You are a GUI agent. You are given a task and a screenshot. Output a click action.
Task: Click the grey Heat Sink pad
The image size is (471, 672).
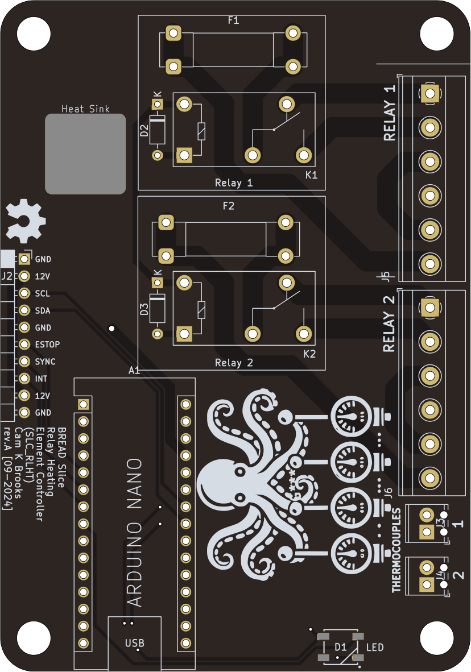pos(85,154)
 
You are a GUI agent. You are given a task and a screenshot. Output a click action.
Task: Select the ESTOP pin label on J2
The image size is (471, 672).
pos(47,345)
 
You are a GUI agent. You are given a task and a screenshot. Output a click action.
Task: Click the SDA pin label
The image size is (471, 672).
pos(43,311)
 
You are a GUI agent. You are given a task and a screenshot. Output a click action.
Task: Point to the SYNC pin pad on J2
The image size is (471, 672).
pos(24,362)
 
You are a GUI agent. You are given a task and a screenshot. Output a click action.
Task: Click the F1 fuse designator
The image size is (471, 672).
pos(233,20)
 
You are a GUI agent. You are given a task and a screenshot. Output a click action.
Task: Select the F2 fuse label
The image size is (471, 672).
pos(228,206)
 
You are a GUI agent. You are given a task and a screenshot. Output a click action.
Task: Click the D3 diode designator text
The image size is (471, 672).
pos(144,310)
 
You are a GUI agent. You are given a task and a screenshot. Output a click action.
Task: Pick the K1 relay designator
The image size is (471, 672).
pos(311,175)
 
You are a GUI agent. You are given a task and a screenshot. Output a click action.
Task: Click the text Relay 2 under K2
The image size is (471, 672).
pos(233,363)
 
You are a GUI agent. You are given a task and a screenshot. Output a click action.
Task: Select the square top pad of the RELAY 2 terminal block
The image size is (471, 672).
pos(429,308)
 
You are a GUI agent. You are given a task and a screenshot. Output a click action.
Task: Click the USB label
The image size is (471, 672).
pos(135,643)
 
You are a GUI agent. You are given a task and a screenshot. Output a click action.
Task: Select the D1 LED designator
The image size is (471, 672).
pos(340,647)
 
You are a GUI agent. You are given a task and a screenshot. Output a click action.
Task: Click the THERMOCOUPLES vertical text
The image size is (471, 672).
pos(396,550)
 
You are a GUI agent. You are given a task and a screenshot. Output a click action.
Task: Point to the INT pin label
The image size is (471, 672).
pos(41,379)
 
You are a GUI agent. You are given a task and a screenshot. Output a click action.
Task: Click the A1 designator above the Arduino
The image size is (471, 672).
pos(134,371)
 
